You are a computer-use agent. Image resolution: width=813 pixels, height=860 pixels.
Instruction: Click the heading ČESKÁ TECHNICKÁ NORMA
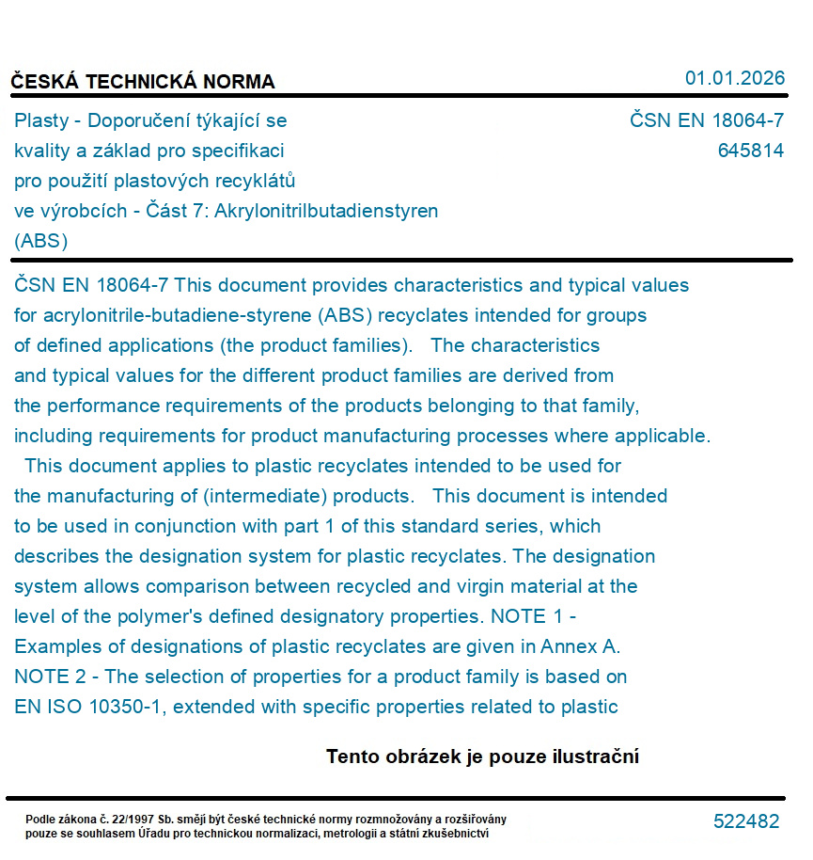pyautogui.click(x=143, y=82)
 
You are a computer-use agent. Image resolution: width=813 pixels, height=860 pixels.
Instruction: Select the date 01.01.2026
pyautogui.click(x=734, y=78)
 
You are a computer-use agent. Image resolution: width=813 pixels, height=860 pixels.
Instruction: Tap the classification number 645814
pyautogui.click(x=750, y=151)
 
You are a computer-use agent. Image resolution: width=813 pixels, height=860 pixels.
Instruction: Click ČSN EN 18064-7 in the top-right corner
pyautogui.click(x=707, y=120)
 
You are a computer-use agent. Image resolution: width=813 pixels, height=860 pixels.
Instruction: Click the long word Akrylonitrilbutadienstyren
pyautogui.click(x=326, y=211)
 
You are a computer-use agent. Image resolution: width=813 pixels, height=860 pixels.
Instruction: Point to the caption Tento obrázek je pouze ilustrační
pyautogui.click(x=482, y=756)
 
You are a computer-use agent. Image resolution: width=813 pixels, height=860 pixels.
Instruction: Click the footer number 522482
pyautogui.click(x=746, y=821)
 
